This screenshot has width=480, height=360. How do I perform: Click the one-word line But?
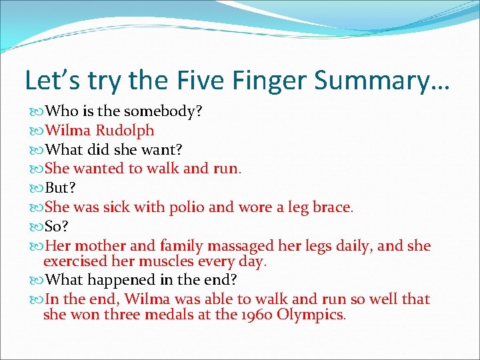coord(63,187)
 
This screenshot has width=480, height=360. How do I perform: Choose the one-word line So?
coord(60,226)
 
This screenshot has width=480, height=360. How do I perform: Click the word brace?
coord(330,207)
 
